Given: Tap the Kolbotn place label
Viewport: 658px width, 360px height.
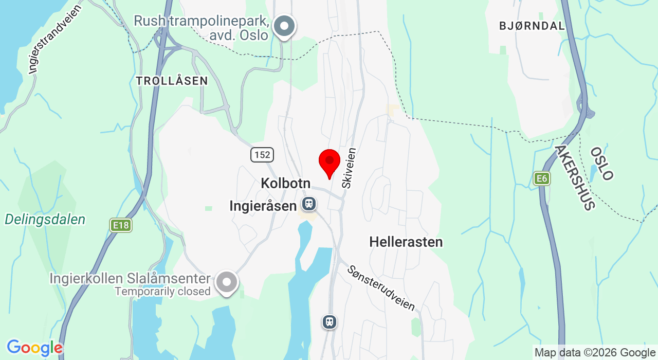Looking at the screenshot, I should coord(285,183).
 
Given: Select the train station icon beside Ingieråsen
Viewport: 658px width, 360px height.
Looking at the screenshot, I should coord(309,204).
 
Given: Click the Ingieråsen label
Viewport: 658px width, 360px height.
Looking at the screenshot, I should coord(263,206).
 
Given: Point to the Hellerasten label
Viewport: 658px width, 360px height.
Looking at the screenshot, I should coord(406,242).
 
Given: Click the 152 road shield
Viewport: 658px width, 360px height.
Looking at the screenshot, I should coord(262,154).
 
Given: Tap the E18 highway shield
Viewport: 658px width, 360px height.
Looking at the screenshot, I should coord(120,225).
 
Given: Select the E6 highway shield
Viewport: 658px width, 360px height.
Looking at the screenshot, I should coord(541,178).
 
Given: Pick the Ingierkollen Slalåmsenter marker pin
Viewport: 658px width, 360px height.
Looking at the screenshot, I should coord(227,282).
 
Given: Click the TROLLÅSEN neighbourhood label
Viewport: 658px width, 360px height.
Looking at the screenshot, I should coord(172,81).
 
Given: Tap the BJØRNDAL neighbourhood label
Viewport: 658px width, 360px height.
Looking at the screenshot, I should coord(532,26).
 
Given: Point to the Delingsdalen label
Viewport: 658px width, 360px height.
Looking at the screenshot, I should coord(45,220).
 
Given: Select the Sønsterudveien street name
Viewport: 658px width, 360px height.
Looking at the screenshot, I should coord(381,288).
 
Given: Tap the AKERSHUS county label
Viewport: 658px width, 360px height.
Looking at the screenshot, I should coord(575,177).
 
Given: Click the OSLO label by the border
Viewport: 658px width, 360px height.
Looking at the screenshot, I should coord(601,164).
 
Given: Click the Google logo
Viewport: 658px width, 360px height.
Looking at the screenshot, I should coord(34,348).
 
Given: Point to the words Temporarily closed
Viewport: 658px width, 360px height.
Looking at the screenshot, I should coord(162,292).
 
